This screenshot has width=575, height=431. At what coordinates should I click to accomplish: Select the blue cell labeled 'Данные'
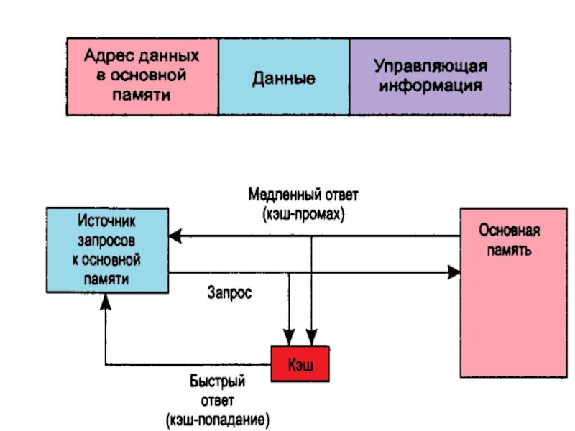283,76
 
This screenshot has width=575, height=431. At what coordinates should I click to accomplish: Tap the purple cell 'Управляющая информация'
430,75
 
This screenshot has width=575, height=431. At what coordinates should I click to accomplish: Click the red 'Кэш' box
300,364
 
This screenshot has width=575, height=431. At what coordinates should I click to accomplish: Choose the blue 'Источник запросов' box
108,249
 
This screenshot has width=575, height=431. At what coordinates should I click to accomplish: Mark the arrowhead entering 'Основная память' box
454,272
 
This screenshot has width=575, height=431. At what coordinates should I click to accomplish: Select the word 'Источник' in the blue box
108,218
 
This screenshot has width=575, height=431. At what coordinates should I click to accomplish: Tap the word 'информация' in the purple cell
430,85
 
